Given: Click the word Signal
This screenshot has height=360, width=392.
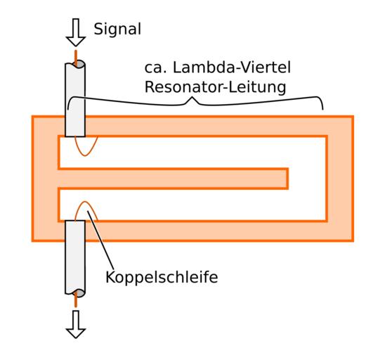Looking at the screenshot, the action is click(x=117, y=30).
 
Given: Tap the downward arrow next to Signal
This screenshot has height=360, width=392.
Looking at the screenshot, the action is click(x=76, y=32).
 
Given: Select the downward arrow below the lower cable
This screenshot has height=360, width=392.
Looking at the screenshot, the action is click(x=76, y=324).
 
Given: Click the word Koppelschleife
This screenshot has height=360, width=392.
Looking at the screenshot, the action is click(x=162, y=278).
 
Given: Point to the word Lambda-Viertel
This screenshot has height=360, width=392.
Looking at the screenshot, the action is click(x=232, y=67).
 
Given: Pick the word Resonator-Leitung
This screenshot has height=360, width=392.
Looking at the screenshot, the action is click(x=215, y=87).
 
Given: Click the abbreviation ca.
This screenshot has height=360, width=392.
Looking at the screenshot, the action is click(x=155, y=68).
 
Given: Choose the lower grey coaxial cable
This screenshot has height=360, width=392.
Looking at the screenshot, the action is click(x=75, y=257).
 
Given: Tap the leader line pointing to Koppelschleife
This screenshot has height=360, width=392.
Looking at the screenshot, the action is click(x=100, y=241).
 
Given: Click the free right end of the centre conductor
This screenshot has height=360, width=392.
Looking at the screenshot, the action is click(x=288, y=179).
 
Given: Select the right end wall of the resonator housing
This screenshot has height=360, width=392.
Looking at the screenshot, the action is click(x=340, y=179).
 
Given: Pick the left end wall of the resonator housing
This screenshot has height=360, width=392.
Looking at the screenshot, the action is click(x=45, y=179).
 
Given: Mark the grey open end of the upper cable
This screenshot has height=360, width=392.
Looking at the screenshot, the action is click(x=79, y=64).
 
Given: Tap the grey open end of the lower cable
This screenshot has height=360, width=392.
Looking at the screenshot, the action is click(x=79, y=293).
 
